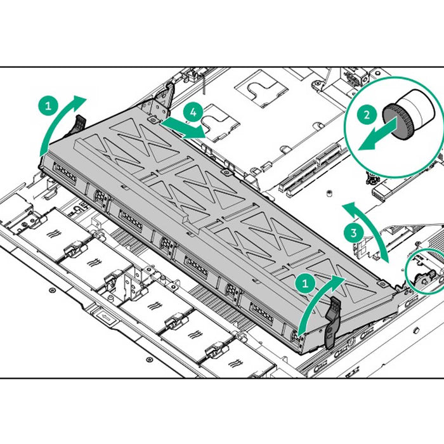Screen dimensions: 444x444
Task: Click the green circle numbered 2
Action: (x=367, y=115)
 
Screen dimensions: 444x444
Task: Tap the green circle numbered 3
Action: (x=354, y=233)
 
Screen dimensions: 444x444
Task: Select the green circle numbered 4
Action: (x=193, y=112)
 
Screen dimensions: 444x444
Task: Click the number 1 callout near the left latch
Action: (x=48, y=106)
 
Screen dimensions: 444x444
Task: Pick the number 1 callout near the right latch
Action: (x=305, y=283)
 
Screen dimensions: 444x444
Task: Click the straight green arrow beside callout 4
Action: (x=183, y=128)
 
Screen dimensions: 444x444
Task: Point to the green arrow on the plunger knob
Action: (x=378, y=134)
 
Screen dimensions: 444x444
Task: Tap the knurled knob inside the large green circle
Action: (x=396, y=122)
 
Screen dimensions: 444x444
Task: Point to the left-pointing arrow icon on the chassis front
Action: (x=105, y=317)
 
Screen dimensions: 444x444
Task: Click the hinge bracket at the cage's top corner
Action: (x=160, y=101)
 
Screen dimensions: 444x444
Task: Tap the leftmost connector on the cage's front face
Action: (x=65, y=174)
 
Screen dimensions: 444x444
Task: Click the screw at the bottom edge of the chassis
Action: (x=149, y=360)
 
